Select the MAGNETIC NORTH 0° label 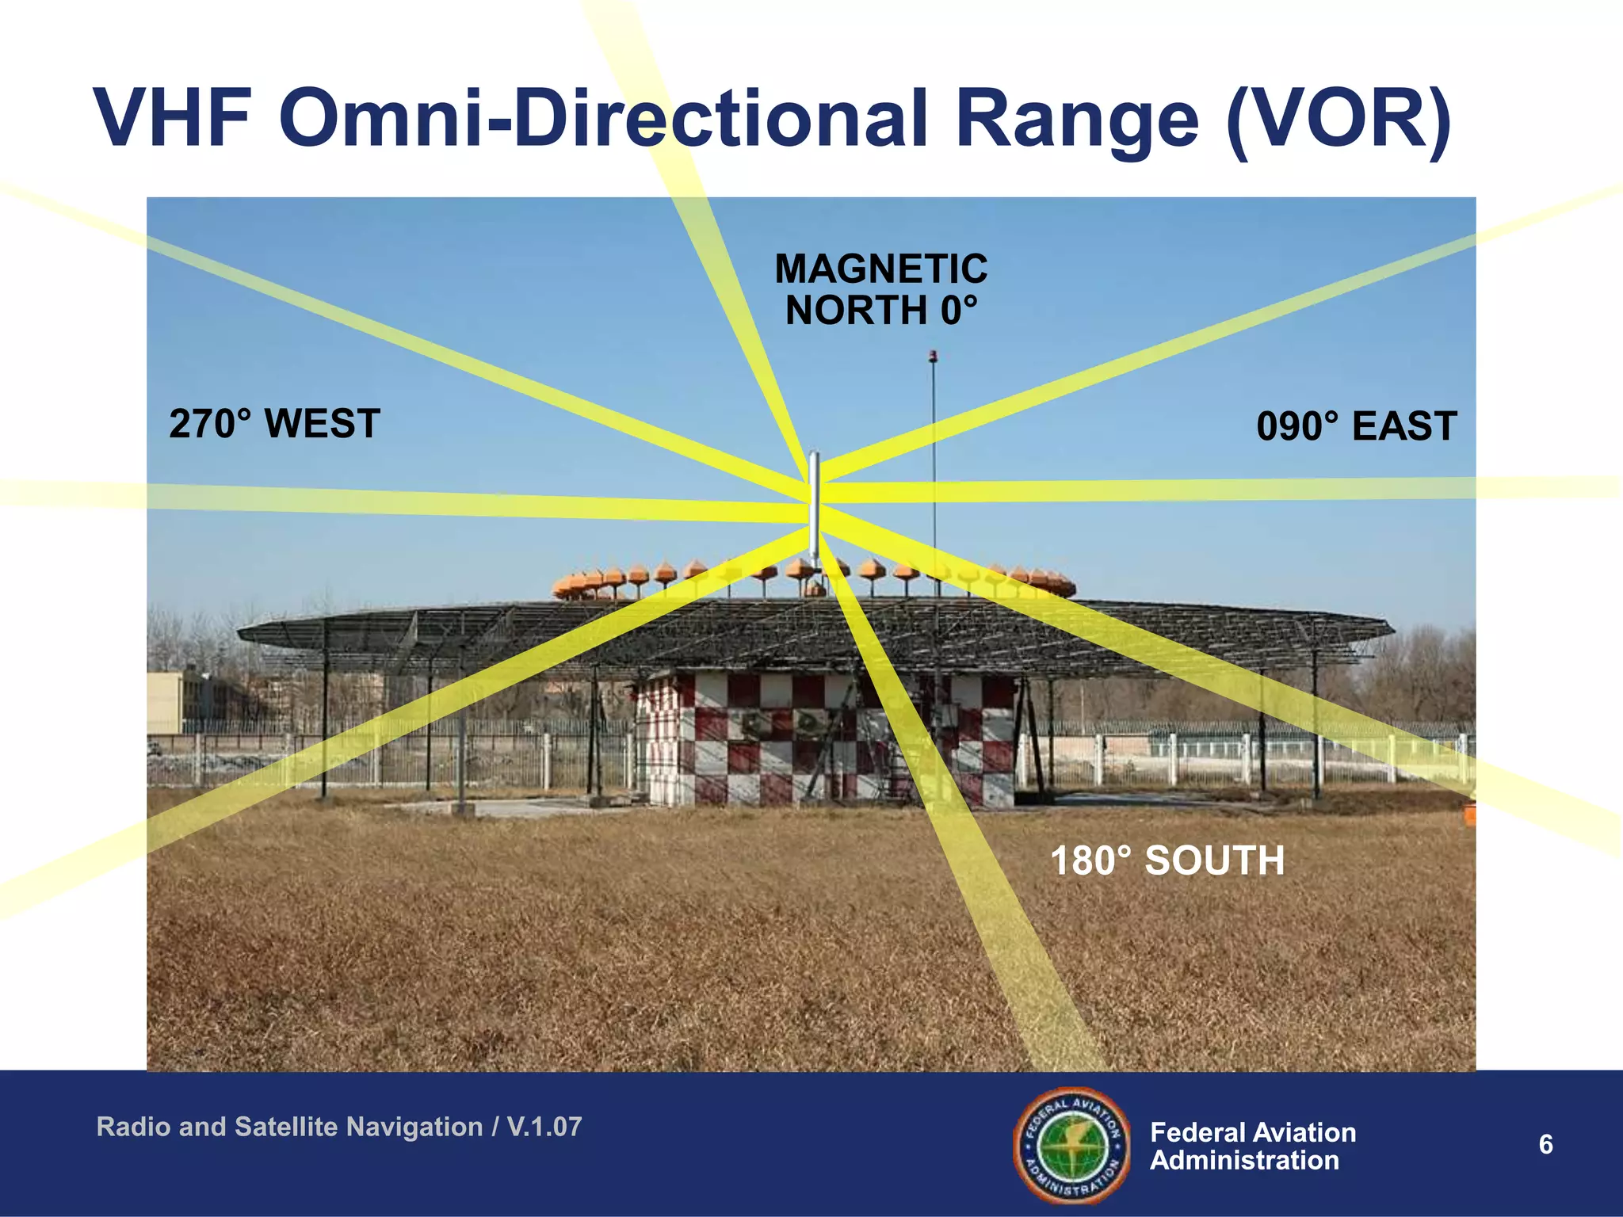click(x=880, y=289)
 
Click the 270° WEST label click(x=274, y=424)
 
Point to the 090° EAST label click(x=1356, y=426)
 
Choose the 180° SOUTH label click(x=1167, y=860)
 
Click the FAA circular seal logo click(x=1072, y=1144)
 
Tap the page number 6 click(x=1545, y=1145)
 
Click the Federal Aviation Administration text click(x=1252, y=1146)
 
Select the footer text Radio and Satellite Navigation click(x=289, y=1127)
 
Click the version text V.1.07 click(x=544, y=1127)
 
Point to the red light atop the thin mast click(x=934, y=356)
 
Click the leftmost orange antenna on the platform click(x=564, y=587)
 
